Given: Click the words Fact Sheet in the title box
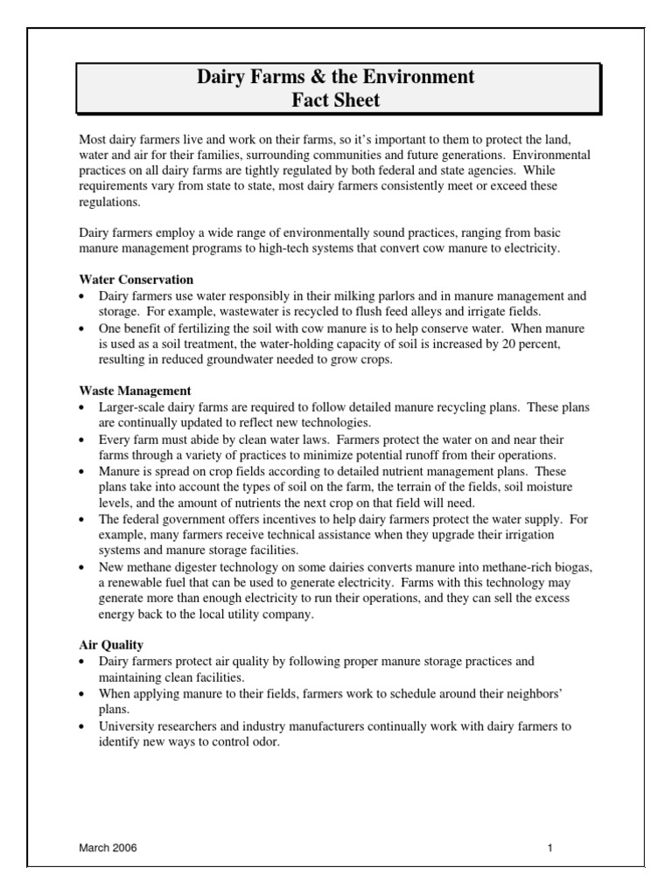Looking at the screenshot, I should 336,100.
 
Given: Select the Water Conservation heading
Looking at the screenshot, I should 136,280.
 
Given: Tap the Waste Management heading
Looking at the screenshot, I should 135,391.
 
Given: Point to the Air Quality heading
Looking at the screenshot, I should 111,645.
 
